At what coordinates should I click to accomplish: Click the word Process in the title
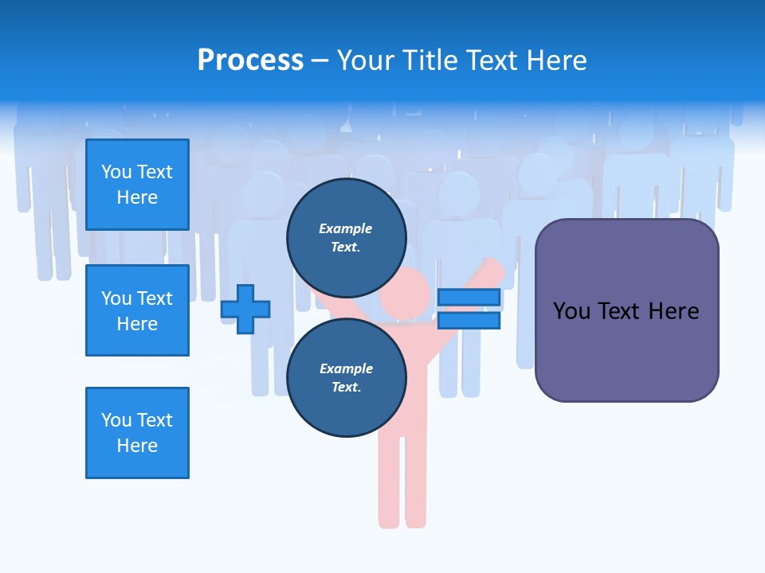click(250, 60)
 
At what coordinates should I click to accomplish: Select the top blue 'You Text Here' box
click(137, 185)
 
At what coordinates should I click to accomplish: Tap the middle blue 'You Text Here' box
click(137, 310)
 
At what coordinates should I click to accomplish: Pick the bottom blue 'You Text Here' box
click(137, 433)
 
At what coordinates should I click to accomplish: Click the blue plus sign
click(245, 309)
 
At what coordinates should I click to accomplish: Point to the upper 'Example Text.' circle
click(346, 237)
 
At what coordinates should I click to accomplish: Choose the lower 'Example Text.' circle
click(346, 377)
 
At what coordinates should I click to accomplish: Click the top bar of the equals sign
click(469, 298)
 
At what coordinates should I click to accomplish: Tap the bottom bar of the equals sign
click(469, 321)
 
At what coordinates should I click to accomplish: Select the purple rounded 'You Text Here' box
click(626, 310)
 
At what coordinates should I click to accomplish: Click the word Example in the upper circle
click(346, 228)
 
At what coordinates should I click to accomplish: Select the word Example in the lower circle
click(346, 368)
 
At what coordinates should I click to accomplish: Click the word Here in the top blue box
click(137, 197)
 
